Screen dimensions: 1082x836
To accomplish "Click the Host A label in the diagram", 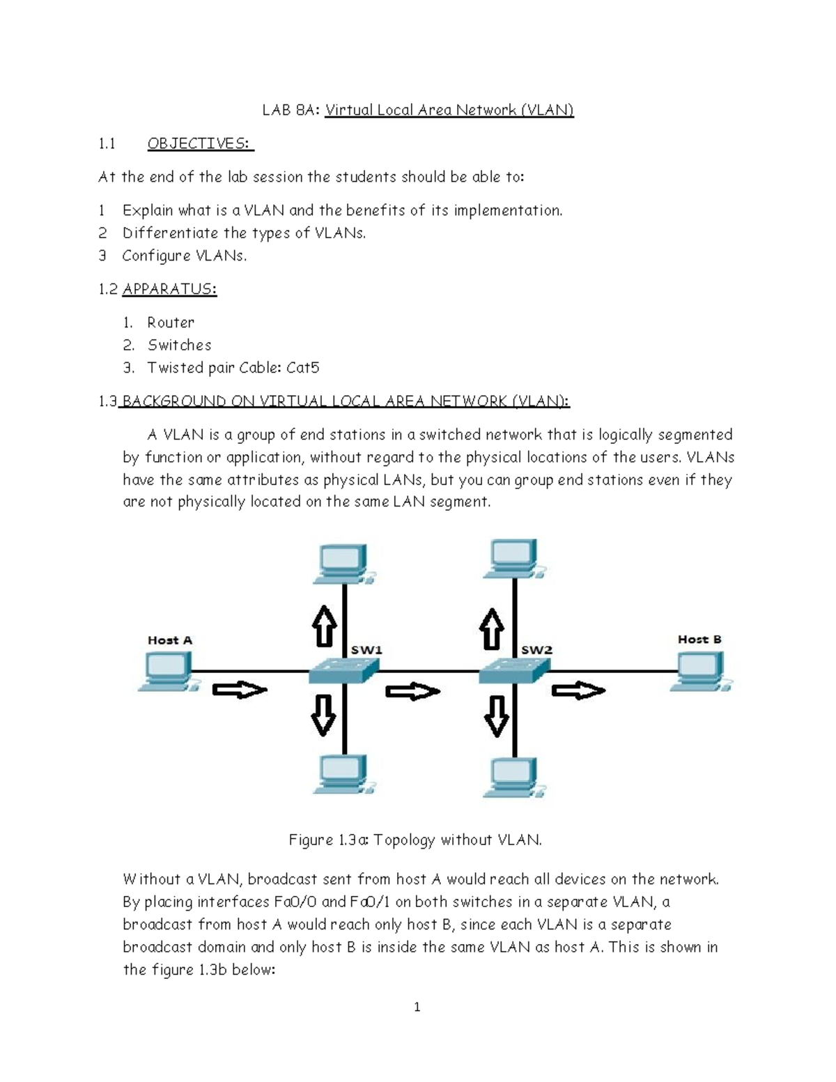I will (169, 640).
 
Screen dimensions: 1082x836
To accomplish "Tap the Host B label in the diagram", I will (699, 639).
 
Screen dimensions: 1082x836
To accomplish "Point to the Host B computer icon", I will (701, 672).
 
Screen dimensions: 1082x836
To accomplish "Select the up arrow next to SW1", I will (324, 626).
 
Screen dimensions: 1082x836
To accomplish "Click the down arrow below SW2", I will (496, 716).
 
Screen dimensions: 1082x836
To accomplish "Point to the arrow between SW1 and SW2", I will (412, 692).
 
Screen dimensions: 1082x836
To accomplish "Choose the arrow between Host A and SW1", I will (240, 690).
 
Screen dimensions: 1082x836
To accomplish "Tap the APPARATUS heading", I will (169, 289).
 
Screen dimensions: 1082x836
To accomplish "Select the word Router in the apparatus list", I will (171, 323).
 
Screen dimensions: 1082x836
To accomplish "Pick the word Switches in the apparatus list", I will (179, 345).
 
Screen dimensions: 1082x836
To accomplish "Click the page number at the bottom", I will (417, 1007).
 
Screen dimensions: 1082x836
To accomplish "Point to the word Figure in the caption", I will (311, 840).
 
